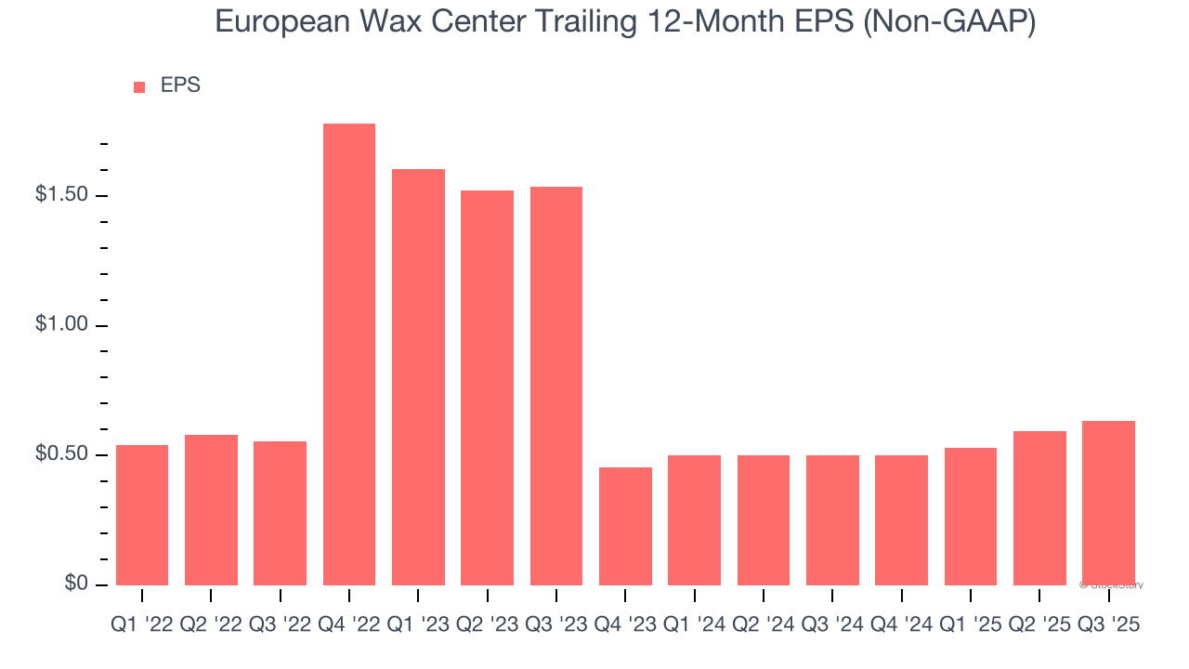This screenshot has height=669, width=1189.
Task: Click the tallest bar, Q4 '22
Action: click(x=349, y=354)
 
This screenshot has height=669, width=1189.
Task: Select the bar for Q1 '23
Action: click(x=418, y=376)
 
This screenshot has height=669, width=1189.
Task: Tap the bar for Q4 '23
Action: click(x=625, y=526)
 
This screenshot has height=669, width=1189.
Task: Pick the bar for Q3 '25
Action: click(x=1108, y=503)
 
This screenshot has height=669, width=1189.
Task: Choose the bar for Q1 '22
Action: click(x=142, y=515)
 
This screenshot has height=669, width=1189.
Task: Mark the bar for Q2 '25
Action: click(x=1039, y=507)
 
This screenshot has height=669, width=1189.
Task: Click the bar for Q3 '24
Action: click(x=832, y=519)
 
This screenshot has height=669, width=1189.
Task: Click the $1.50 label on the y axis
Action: click(x=61, y=195)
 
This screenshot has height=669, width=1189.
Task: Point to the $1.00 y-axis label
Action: click(x=61, y=325)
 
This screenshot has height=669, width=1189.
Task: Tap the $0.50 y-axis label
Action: click(x=61, y=454)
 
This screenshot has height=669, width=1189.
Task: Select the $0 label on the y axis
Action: click(x=77, y=584)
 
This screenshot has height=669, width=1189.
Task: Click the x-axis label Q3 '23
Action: click(x=556, y=625)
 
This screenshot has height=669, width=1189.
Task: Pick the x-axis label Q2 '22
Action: click(x=211, y=625)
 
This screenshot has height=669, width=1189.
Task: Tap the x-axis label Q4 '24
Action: click(x=901, y=625)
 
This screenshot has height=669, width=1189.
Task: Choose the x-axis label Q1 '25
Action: click(x=971, y=625)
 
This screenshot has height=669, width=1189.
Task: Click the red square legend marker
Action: click(x=139, y=86)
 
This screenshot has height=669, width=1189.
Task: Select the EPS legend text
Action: click(x=180, y=85)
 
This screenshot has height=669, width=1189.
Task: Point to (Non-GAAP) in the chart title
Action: click(x=949, y=21)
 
